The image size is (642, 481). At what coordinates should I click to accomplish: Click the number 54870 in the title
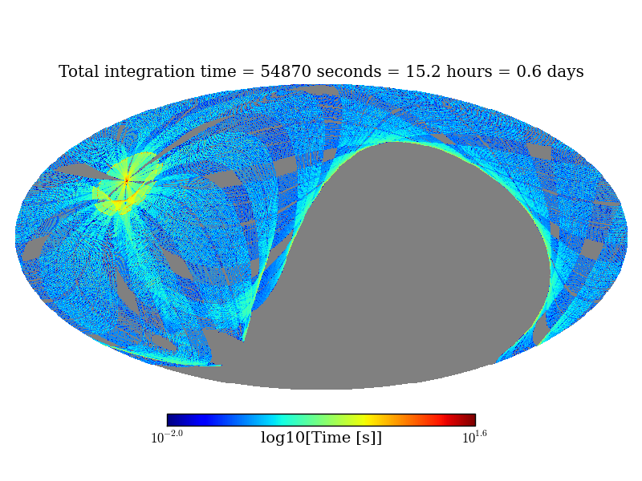tap(286, 72)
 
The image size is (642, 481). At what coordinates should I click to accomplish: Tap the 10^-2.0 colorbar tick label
tap(167, 437)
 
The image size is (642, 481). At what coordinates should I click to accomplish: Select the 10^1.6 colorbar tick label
tap(474, 437)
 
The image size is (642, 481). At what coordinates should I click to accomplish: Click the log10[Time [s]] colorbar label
tap(321, 438)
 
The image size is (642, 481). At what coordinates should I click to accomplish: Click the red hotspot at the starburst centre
tap(126, 180)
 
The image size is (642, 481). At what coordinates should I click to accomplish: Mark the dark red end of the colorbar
tap(470, 420)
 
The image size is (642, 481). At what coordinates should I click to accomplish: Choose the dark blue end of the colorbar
tap(172, 420)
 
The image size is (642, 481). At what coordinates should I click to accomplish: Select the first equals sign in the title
tap(248, 72)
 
